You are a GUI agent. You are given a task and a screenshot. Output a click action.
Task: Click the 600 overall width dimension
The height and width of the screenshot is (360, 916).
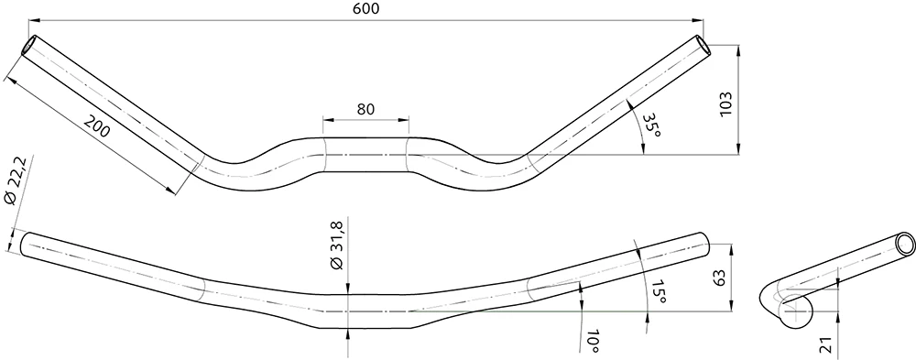point(366,8)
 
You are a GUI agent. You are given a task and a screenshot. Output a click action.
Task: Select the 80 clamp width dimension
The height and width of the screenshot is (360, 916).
point(365,109)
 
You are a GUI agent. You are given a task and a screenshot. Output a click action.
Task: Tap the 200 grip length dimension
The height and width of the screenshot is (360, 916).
point(96,126)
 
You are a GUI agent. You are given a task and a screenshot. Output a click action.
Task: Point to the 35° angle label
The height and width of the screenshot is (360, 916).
point(650,125)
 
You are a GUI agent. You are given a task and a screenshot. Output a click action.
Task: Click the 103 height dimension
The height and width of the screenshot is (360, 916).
point(725,104)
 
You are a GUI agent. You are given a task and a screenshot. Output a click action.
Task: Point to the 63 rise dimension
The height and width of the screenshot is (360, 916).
point(718,277)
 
